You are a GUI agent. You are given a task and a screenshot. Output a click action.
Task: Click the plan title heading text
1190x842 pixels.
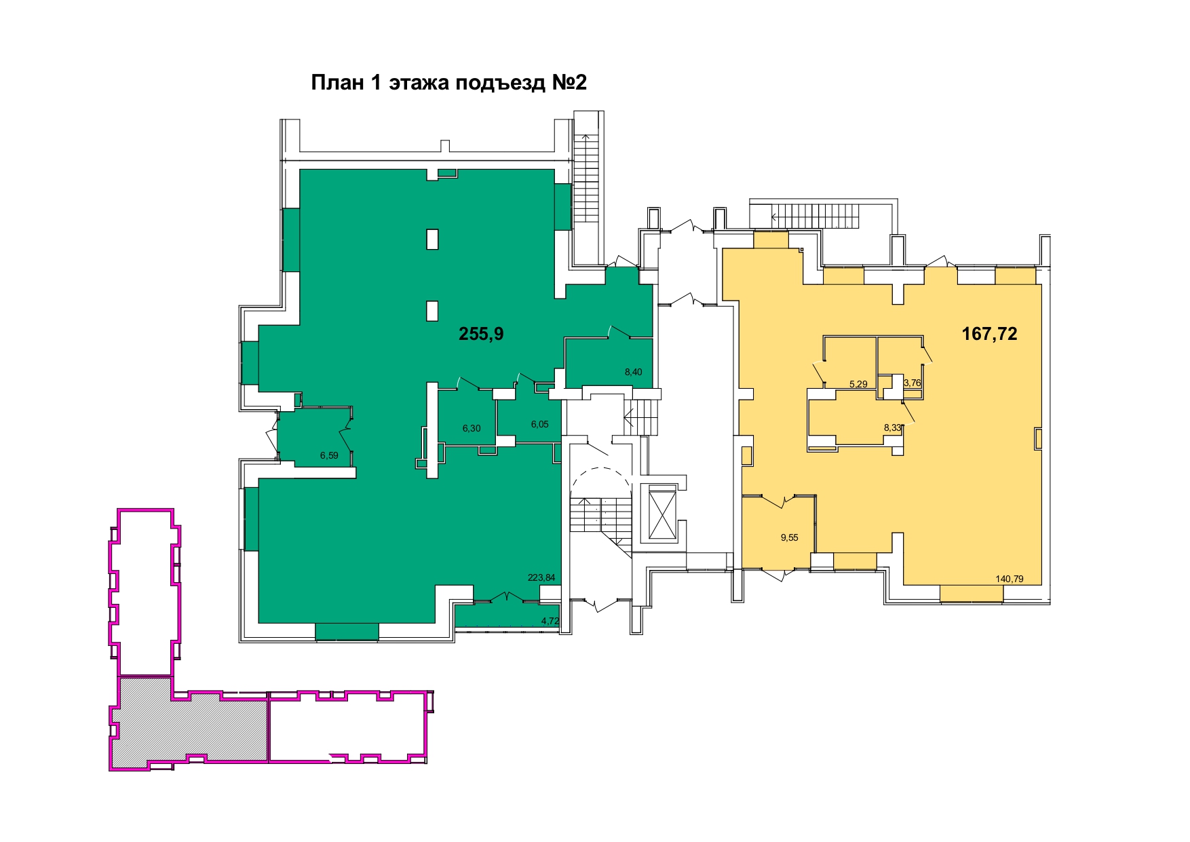[448, 83]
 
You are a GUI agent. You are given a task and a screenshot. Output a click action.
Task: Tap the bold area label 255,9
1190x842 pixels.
[481, 334]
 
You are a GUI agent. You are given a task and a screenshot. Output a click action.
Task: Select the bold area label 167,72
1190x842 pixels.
[989, 334]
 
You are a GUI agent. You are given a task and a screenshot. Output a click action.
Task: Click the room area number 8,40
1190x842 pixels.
[633, 372]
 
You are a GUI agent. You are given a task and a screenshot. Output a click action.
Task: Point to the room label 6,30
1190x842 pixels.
[472, 428]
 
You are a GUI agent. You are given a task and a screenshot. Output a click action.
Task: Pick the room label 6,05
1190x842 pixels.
[539, 424]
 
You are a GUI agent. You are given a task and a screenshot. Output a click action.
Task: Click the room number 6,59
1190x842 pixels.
[329, 455]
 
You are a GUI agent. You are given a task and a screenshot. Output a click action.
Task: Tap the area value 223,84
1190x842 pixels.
[541, 578]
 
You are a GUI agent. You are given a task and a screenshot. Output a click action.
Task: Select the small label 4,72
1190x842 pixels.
[550, 621]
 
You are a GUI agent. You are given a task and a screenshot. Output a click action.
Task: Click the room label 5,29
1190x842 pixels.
[858, 384]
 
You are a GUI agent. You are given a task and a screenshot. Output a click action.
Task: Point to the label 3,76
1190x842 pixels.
[913, 383]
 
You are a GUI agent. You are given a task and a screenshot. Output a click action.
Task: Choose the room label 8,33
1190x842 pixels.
[892, 427]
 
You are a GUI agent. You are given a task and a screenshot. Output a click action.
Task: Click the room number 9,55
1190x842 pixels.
[789, 537]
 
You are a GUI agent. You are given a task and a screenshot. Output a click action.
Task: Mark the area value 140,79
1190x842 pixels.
[1010, 579]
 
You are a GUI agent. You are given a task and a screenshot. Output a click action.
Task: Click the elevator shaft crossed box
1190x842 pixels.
[662, 513]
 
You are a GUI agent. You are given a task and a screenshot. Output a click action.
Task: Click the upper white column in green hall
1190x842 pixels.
[432, 239]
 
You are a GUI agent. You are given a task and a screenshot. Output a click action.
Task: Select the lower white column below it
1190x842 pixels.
[432, 311]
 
